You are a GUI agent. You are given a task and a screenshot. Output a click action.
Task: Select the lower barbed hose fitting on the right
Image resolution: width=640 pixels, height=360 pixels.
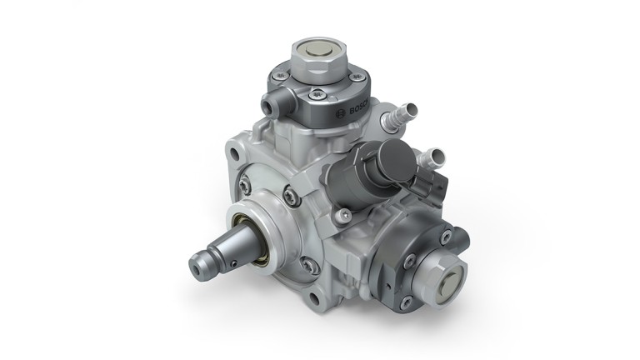click(x=434, y=154)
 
